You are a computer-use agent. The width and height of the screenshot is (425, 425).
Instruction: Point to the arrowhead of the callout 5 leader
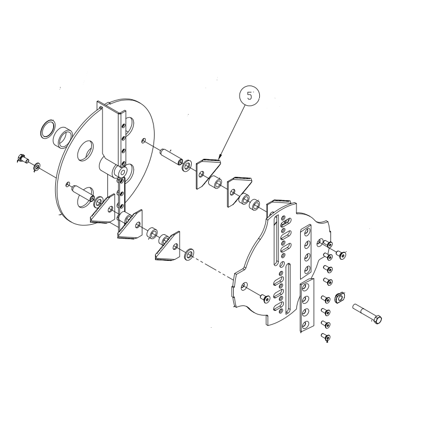(219, 158)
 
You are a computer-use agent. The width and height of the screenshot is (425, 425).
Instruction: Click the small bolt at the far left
(23, 158)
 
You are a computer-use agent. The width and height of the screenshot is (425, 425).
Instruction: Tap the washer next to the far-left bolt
(36, 167)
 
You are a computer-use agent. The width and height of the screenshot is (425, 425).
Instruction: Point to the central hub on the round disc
(121, 172)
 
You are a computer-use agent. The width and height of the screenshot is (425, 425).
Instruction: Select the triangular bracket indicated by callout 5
(207, 171)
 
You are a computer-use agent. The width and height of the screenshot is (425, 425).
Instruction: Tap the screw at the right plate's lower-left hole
(263, 300)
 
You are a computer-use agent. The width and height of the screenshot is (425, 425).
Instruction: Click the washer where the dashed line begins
(189, 254)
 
